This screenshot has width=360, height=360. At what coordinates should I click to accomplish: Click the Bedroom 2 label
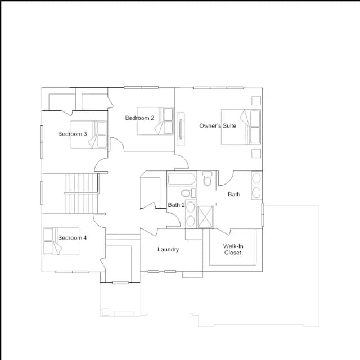click(x=139, y=118)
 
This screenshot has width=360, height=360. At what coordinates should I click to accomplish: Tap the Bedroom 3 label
click(x=73, y=134)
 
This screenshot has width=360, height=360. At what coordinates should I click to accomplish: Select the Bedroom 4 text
click(x=73, y=237)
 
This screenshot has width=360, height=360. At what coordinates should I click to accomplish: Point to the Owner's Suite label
click(x=218, y=125)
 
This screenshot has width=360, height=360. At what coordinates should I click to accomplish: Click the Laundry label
click(x=168, y=250)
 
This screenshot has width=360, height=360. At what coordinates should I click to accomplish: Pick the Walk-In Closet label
click(x=233, y=249)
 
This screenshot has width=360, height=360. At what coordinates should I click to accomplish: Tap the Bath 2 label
click(x=176, y=205)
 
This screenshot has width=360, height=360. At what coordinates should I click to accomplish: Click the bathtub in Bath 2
click(x=182, y=179)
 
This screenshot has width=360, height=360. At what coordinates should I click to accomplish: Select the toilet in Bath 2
click(x=188, y=193)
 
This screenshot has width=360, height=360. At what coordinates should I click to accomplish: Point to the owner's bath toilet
click(x=208, y=179)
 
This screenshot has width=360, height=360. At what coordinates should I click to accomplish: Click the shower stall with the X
click(x=205, y=217)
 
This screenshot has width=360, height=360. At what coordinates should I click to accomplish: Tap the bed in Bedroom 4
click(x=61, y=241)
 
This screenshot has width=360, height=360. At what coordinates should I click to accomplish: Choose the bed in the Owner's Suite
click(x=241, y=127)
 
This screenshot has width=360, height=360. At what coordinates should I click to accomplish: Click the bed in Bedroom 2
click(x=155, y=121)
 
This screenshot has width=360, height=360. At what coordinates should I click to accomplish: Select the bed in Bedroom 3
click(x=89, y=134)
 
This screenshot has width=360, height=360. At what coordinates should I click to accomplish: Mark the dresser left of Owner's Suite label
click(x=181, y=129)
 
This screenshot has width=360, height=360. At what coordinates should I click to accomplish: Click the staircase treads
click(x=82, y=193)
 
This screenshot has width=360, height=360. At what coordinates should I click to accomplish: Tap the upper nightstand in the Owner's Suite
click(x=256, y=100)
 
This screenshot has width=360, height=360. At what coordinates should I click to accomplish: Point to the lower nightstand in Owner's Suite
click(x=256, y=153)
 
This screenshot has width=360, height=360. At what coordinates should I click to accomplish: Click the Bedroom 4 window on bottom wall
click(x=73, y=272)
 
